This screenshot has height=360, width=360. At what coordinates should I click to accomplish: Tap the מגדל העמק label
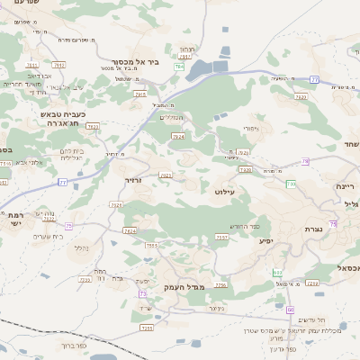(x=185, y=286)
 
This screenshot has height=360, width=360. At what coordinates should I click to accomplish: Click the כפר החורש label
(x=245, y=225)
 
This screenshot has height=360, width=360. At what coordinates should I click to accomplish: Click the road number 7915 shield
(x=139, y=93)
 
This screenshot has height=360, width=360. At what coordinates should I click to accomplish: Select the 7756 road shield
(x=220, y=284)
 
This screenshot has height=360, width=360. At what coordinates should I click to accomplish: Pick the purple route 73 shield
(x=142, y=293)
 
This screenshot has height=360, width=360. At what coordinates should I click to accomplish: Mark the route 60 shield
(x=291, y=310)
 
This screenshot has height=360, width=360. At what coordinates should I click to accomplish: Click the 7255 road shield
(x=147, y=328)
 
